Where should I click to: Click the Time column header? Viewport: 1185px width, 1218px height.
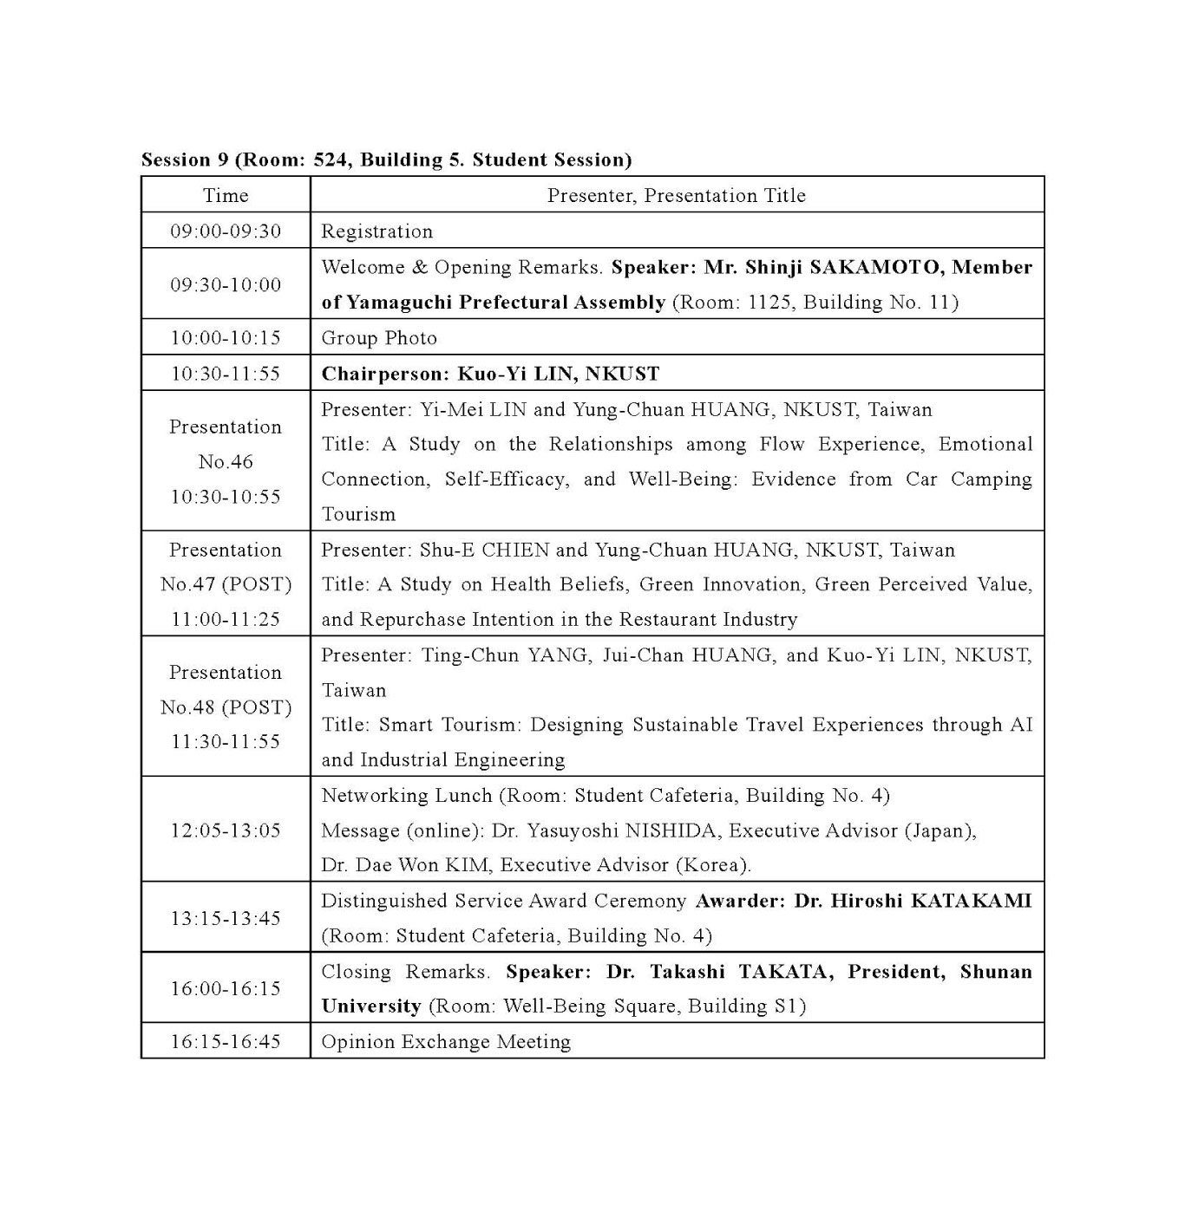pyautogui.click(x=226, y=196)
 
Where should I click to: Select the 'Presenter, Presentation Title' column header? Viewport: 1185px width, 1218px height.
pyautogui.click(x=676, y=196)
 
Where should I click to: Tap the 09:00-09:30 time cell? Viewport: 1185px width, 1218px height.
pyautogui.click(x=226, y=231)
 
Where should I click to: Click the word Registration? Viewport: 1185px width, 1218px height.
pyautogui.click(x=376, y=231)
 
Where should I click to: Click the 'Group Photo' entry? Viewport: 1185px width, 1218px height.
pyautogui.click(x=379, y=338)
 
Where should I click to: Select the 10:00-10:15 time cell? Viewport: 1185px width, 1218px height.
pyautogui.click(x=226, y=338)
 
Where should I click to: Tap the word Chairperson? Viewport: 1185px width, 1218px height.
pyautogui.click(x=382, y=374)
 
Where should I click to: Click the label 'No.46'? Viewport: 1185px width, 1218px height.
pyautogui.click(x=226, y=462)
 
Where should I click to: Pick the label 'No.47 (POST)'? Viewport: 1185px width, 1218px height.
pyautogui.click(x=226, y=584)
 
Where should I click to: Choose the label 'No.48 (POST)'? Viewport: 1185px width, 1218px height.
pyautogui.click(x=226, y=707)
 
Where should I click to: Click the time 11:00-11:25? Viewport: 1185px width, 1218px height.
pyautogui.click(x=226, y=619)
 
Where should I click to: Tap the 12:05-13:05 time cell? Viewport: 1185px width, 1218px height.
pyautogui.click(x=226, y=830)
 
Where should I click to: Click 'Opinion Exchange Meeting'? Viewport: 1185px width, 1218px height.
pyautogui.click(x=446, y=1042)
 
